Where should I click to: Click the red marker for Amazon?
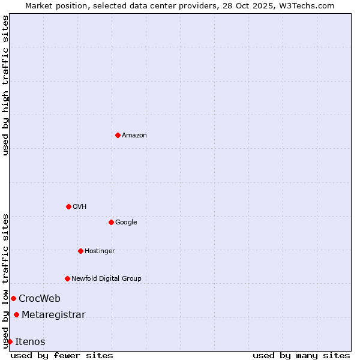(x=118, y=135)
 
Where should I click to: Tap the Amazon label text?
(x=134, y=136)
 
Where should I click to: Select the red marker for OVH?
(x=68, y=206)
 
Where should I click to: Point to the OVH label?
(x=80, y=207)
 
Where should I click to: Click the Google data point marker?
(x=111, y=222)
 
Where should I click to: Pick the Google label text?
(x=126, y=223)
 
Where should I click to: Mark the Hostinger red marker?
(x=80, y=251)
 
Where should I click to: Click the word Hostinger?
(x=100, y=251)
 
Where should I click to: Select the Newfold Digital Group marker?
(x=67, y=278)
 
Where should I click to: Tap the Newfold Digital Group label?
(x=106, y=278)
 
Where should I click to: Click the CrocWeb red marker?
(x=13, y=298)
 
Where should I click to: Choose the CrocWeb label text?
(x=40, y=299)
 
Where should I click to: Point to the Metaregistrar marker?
(x=16, y=315)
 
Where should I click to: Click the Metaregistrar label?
(x=53, y=315)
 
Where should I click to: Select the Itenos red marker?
(x=10, y=341)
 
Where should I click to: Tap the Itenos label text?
(x=30, y=342)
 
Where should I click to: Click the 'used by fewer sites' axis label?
(x=62, y=355)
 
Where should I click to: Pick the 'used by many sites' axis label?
(x=301, y=355)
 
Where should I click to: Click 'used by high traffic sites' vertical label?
(x=5, y=85)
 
